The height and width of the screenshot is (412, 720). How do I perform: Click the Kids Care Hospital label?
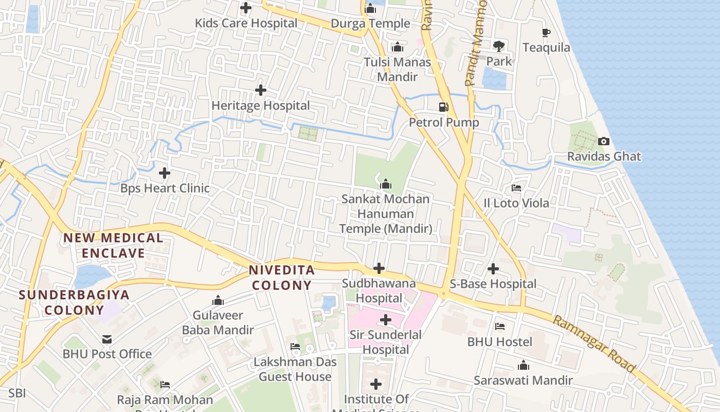pyautogui.click(x=246, y=23)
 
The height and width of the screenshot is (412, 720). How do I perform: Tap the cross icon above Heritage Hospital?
pyautogui.click(x=261, y=90)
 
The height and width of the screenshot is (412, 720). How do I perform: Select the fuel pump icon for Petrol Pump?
pyautogui.click(x=443, y=107)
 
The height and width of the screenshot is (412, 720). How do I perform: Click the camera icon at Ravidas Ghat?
pyautogui.click(x=604, y=141)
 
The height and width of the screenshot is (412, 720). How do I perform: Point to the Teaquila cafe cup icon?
pyautogui.click(x=546, y=33)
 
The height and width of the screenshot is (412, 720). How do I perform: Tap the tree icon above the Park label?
pyautogui.click(x=498, y=46)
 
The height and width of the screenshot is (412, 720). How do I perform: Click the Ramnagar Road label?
pyautogui.click(x=594, y=344)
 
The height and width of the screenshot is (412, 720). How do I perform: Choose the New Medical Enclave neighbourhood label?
pyautogui.click(x=113, y=245)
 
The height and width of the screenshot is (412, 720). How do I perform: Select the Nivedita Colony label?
pyautogui.click(x=281, y=278)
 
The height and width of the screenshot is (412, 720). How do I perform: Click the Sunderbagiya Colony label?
pyautogui.click(x=74, y=302)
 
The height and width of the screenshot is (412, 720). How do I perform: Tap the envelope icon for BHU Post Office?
pyautogui.click(x=107, y=339)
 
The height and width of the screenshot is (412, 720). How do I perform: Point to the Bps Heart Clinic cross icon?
pyautogui.click(x=165, y=173)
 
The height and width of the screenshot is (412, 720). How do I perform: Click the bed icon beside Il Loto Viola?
pyautogui.click(x=516, y=188)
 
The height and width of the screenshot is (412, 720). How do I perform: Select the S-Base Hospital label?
pyautogui.click(x=493, y=284)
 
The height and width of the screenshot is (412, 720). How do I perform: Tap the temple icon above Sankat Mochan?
pyautogui.click(x=385, y=184)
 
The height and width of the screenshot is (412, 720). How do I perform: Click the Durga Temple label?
pyautogui.click(x=370, y=23)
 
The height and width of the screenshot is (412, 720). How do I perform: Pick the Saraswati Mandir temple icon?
pyautogui.click(x=523, y=366)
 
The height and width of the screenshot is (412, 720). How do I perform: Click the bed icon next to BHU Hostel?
pyautogui.click(x=499, y=327)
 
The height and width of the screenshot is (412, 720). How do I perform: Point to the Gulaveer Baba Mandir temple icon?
pyautogui.click(x=218, y=300)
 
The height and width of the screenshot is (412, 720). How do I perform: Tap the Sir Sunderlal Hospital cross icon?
pyautogui.click(x=385, y=320)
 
